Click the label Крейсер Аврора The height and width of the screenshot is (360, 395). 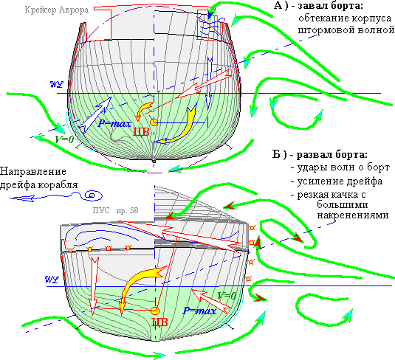[57, 10]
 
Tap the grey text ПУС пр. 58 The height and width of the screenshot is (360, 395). [116, 210]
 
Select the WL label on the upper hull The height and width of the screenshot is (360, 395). [57, 84]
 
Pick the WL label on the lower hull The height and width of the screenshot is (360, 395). [52, 280]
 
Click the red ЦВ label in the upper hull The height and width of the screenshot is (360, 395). [141, 132]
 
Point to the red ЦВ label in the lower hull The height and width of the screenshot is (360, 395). [159, 322]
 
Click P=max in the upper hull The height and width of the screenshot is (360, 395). [115, 123]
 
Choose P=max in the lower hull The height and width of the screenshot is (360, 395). [199, 311]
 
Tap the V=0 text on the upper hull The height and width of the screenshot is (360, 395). [64, 139]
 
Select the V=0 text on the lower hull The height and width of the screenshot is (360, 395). [227, 296]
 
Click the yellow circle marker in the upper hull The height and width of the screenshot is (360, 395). [154, 122]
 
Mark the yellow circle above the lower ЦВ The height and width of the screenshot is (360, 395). [155, 311]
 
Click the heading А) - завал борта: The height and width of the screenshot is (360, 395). [319, 6]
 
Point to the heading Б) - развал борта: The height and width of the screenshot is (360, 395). [320, 154]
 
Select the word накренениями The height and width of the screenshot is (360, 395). [353, 215]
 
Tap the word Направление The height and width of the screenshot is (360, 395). [33, 172]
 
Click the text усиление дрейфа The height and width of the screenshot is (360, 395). [340, 181]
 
